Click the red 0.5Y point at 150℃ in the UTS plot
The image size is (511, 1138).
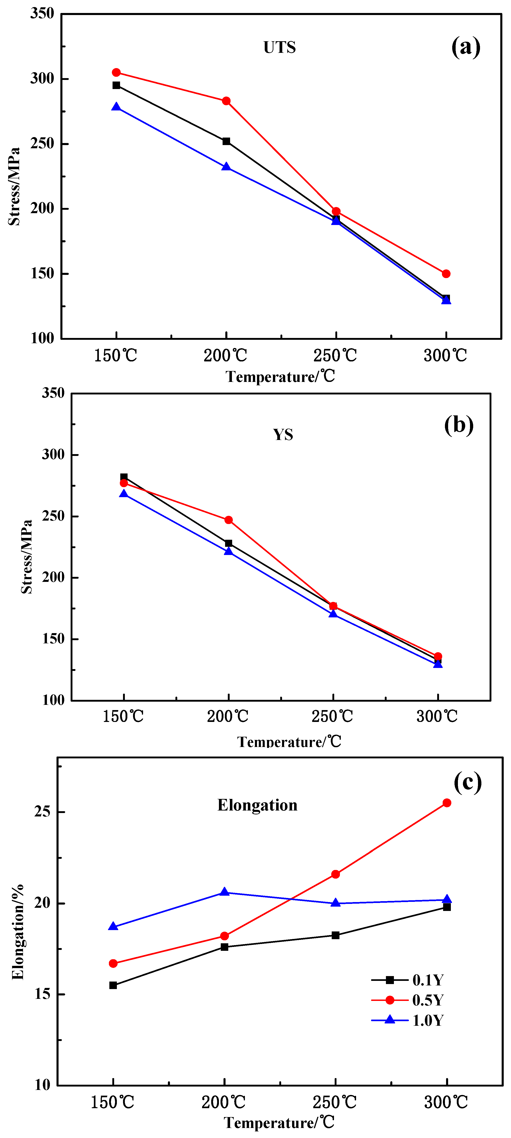pyautogui.click(x=116, y=72)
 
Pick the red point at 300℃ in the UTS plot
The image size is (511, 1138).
pyautogui.click(x=446, y=274)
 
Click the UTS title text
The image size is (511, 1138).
pyautogui.click(x=279, y=47)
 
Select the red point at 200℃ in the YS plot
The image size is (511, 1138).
pyautogui.click(x=229, y=520)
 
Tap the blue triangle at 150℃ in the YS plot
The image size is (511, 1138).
pyautogui.click(x=124, y=494)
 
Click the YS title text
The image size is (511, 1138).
pyautogui.click(x=283, y=435)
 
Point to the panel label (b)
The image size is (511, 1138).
pyautogui.click(x=458, y=425)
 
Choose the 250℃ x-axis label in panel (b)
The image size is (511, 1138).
pyautogui.click(x=332, y=716)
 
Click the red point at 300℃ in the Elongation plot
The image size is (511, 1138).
pyautogui.click(x=447, y=803)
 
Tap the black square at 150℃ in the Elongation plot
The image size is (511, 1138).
pyautogui.click(x=113, y=985)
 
